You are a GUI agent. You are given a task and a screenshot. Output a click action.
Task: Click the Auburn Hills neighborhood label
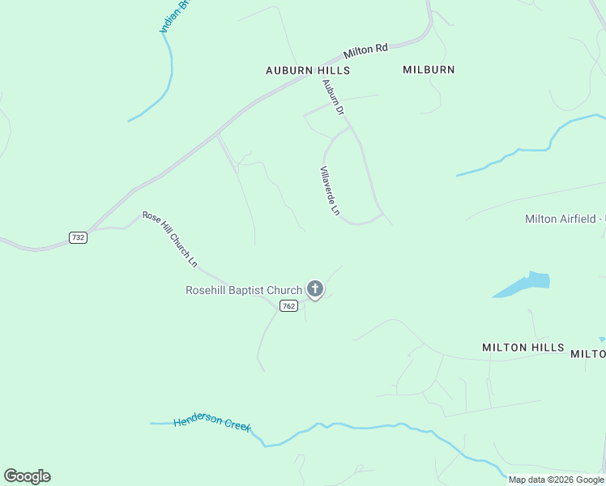tap(308, 70)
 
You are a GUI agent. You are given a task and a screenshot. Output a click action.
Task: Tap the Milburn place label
tap(429, 70)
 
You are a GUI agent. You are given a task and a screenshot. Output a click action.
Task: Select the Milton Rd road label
tap(365, 51)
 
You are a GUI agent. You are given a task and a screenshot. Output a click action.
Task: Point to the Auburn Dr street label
tap(334, 96)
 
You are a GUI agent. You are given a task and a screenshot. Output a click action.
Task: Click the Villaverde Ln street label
tap(329, 190)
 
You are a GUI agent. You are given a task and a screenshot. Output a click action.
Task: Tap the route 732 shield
tap(78, 237)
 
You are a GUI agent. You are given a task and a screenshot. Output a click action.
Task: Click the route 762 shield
tap(288, 305)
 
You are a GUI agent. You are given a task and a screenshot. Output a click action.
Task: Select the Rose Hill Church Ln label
tap(169, 238)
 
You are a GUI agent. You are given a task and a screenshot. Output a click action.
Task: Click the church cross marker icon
tap(315, 288)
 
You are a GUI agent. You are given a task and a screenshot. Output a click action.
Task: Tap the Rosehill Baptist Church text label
tap(243, 289)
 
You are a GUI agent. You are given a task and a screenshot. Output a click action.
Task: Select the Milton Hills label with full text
tap(523, 347)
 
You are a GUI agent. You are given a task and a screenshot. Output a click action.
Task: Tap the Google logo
tap(27, 476)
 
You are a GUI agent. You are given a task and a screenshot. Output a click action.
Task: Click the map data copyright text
tap(555, 480)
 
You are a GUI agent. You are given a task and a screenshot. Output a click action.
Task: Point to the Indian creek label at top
tap(173, 16)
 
